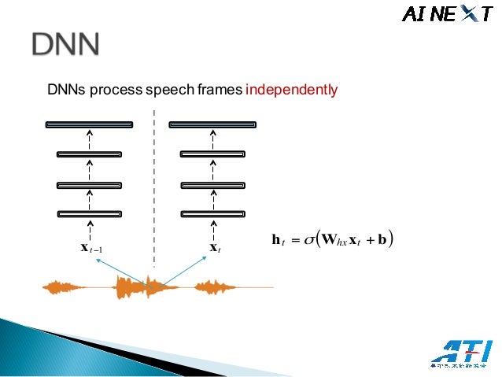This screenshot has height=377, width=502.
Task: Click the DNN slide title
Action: coord(66,46)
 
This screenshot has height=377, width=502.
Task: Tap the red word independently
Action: coord(291,91)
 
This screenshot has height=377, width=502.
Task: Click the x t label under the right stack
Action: coord(213,249)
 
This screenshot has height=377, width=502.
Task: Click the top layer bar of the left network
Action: coord(89,124)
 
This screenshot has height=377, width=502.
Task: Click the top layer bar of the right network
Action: coord(213,124)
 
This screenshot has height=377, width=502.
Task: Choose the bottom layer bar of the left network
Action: coord(89,213)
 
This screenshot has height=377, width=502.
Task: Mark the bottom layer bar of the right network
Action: coord(213,213)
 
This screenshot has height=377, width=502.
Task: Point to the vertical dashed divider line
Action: coord(154,189)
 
